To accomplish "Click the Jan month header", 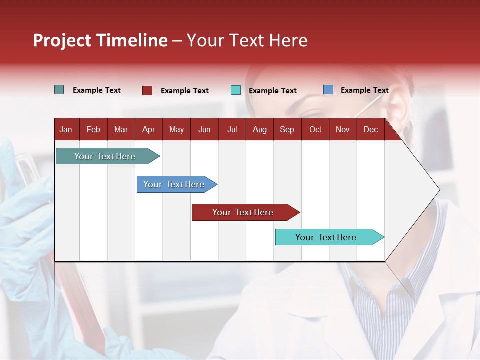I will point(66,130).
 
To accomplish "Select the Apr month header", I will point(148,130).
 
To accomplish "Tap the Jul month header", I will point(232,130).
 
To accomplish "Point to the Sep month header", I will point(287,130).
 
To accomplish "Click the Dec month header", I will point(370,130).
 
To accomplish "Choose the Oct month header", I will point(315,130).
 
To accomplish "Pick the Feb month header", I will point(93,130).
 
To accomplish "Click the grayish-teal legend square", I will point(59,90).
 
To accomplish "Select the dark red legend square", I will point(147,90).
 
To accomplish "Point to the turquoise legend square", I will point(236,90).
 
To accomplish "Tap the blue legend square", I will point(328,90).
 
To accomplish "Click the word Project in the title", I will point(62,40).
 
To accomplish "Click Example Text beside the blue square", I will point(364,90).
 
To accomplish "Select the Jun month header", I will point(204,130).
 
